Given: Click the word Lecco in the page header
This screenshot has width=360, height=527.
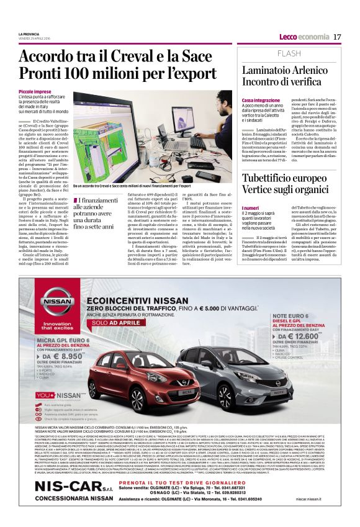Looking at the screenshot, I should point(289,37).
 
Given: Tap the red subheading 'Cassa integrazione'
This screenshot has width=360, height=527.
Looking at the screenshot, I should point(261,100).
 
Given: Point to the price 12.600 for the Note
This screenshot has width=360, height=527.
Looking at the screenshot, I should point(308,336).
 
